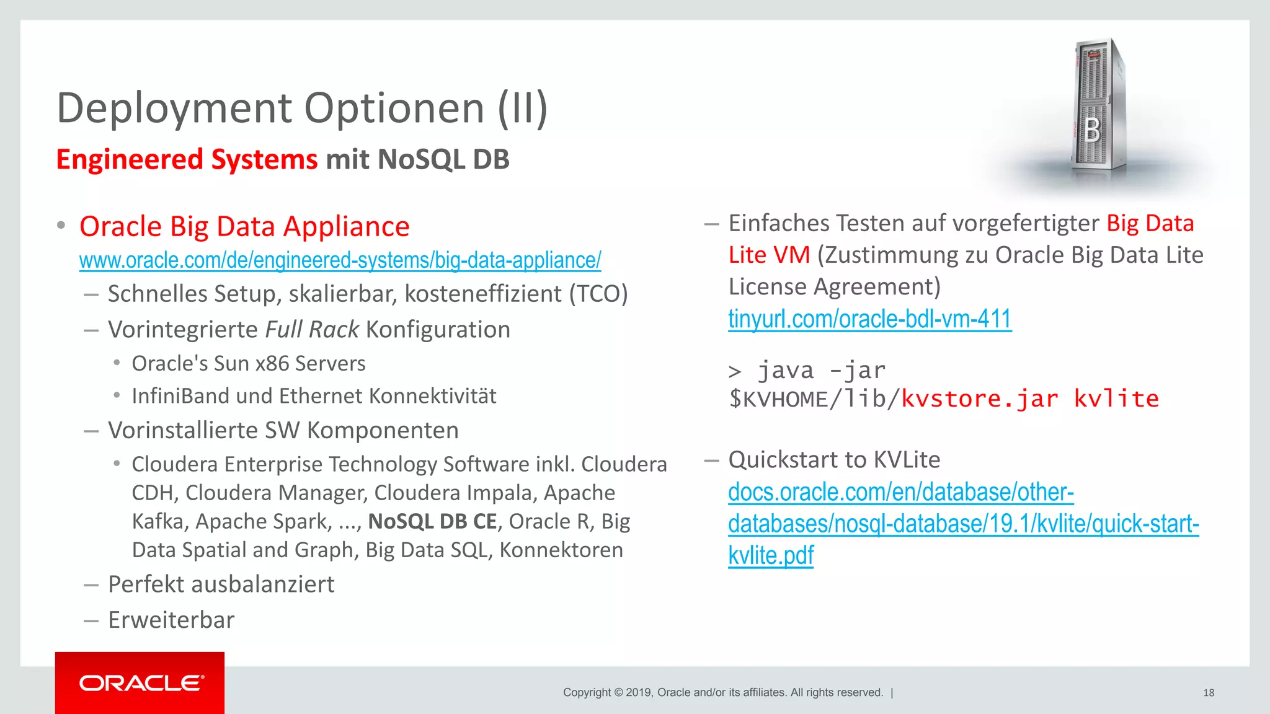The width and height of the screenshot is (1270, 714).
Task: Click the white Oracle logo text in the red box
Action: [141, 683]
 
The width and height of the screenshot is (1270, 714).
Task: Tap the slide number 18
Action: [1208, 693]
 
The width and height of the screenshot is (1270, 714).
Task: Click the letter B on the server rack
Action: [1093, 131]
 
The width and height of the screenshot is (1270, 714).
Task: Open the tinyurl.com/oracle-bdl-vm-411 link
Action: [869, 319]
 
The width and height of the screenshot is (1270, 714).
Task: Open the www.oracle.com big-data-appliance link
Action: [340, 260]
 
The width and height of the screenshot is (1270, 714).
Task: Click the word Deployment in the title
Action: [174, 108]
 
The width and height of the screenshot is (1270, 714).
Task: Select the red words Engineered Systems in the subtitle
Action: [187, 159]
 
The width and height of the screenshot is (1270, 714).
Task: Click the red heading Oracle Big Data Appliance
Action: [244, 227]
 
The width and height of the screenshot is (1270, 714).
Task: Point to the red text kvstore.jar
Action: [979, 399]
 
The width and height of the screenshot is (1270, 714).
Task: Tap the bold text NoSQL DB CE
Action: [432, 522]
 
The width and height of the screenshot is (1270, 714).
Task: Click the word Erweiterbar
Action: [171, 620]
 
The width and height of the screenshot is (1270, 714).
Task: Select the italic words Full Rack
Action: [312, 330]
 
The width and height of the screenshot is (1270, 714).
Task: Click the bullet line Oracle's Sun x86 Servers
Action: [248, 363]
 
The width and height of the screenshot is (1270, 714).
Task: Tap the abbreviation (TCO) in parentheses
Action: [598, 294]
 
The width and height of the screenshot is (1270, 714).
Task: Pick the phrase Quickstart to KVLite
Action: [834, 460]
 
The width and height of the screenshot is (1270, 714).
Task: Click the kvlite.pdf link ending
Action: [770, 555]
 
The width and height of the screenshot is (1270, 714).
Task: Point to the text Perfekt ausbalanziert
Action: [221, 584]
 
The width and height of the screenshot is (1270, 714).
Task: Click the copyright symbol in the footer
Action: [618, 693]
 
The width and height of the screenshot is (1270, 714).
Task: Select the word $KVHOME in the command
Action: [778, 399]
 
